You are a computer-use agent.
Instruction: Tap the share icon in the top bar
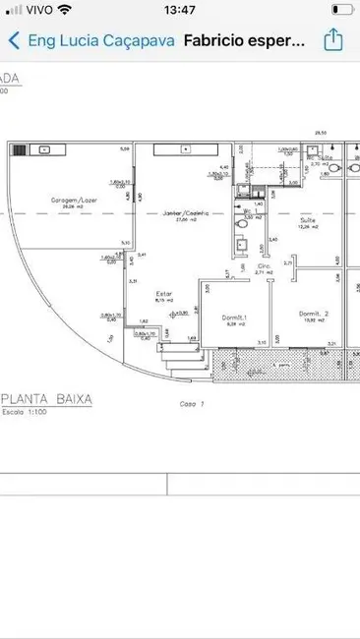333,40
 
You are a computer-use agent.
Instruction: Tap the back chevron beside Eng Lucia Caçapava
14,41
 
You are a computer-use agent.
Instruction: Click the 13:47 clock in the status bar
180,10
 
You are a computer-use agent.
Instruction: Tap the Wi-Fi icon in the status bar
65,10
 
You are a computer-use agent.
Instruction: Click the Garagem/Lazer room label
75,199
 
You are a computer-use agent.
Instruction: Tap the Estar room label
163,292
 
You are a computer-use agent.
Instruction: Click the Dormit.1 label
235,316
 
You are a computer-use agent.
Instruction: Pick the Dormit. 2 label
314,314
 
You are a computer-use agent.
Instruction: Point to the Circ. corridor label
264,266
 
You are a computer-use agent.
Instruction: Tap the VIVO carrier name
35,10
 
